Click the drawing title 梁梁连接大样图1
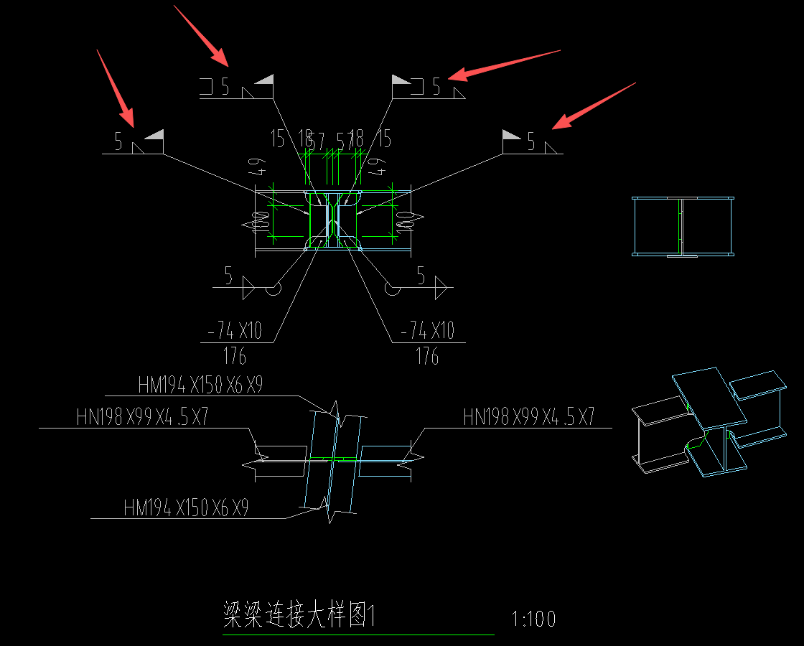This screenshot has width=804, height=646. tap(300, 616)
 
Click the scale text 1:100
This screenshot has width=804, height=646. tap(534, 619)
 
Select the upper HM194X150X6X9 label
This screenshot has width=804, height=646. tap(200, 385)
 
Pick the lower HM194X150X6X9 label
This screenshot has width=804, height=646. tap(186, 508)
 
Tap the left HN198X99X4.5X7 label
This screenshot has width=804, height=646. tap(142, 417)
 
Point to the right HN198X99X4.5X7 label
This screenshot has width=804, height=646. tap(529, 417)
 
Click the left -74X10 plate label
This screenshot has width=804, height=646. tap(235, 331)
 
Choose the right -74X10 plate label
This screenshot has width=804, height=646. tap(427, 331)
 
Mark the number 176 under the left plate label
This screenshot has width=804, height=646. tap(235, 356)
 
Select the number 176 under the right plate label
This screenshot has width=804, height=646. tap(427, 356)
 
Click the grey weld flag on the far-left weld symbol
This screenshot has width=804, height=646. tap(154, 134)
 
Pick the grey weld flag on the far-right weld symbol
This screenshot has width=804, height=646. tap(511, 134)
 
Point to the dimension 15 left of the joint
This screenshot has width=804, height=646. tap(278, 139)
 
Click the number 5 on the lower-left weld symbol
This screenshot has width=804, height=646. tap(228, 276)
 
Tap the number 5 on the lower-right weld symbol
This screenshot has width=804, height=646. tap(421, 276)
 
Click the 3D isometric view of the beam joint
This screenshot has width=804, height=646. tap(706, 423)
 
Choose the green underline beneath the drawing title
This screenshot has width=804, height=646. tap(358, 635)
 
